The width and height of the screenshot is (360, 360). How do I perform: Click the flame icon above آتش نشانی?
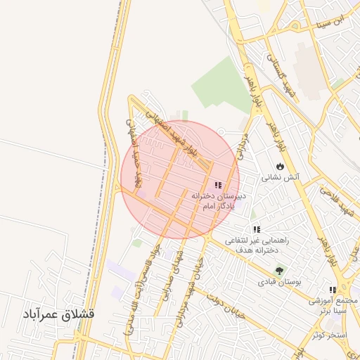pyautogui.click(x=280, y=166)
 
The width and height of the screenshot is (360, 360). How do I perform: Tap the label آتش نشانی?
pyautogui.click(x=281, y=178)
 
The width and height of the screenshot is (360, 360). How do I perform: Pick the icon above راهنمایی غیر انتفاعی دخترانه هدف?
pyautogui.click(x=257, y=229)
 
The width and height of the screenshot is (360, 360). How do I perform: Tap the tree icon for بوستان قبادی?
pyautogui.click(x=280, y=271)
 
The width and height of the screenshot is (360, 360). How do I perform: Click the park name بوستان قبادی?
pyautogui.click(x=280, y=283)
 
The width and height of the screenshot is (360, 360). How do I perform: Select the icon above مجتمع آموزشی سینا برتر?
pyautogui.click(x=332, y=289)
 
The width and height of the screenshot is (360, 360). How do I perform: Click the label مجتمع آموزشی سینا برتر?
pyautogui.click(x=333, y=305)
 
